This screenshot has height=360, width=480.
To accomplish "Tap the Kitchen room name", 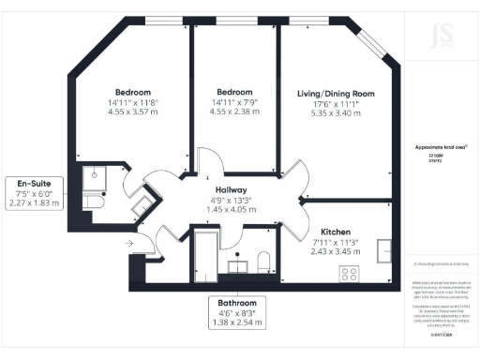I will (337, 232).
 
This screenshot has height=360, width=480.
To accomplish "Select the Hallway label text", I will (230, 190).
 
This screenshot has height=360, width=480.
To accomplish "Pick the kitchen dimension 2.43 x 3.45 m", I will (337, 253).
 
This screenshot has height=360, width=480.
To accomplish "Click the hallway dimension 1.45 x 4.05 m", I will (231, 211).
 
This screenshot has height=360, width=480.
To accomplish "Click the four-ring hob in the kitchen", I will (351, 274).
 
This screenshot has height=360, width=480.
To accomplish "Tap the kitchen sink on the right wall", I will (384, 251).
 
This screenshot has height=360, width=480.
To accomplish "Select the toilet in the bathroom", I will (263, 262).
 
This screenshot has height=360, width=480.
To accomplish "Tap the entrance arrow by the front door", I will (128, 242).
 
